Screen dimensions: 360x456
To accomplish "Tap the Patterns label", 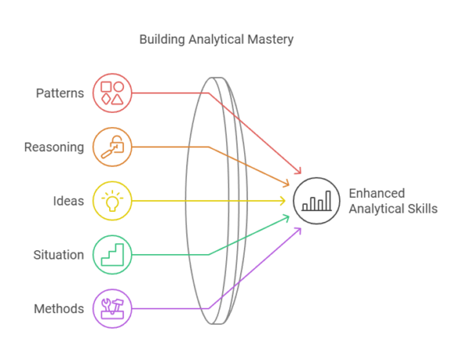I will [x=60, y=94].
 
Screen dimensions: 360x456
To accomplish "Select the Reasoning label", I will [x=54, y=146].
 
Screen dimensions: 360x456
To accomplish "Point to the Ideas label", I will [x=69, y=201].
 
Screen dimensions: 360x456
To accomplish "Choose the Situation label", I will [x=58, y=255].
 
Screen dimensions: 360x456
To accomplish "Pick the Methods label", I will [x=58, y=309].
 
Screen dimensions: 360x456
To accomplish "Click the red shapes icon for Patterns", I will [x=112, y=93].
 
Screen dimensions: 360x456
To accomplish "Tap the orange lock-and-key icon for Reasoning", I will [x=112, y=146].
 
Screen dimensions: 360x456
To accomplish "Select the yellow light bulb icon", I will [x=112, y=200].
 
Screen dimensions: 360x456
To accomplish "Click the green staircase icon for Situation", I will [x=112, y=254].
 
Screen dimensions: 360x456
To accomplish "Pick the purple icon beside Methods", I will [x=112, y=308].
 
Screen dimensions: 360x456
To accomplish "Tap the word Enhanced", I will [x=376, y=193].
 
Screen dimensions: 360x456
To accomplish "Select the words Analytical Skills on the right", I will [x=392, y=209].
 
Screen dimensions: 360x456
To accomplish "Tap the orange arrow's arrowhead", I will [x=286, y=185].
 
